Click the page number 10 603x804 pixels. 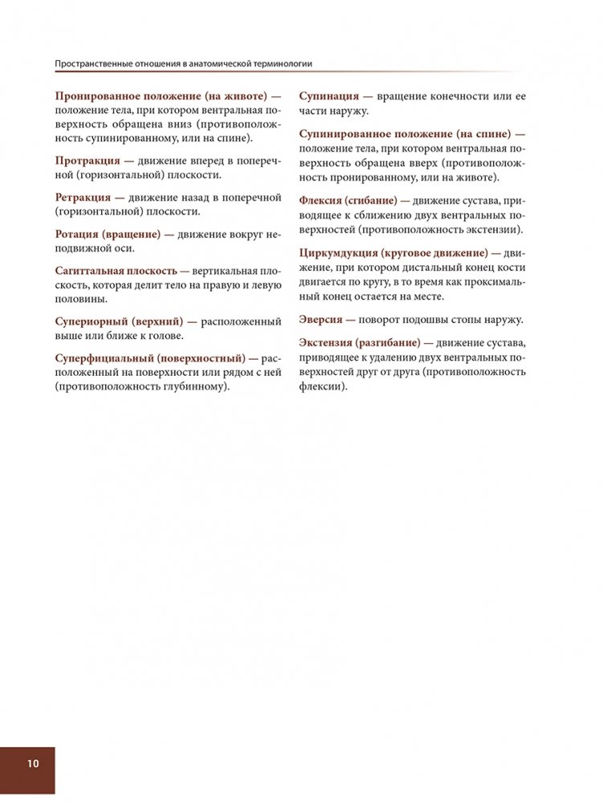(32, 763)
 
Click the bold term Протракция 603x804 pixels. (88, 161)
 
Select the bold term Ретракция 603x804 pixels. (83, 198)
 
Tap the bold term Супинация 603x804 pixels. (329, 96)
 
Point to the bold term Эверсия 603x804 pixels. (321, 319)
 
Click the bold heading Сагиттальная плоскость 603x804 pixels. (116, 271)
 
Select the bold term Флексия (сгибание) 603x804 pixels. (348, 201)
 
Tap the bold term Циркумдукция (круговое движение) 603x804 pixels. (393, 254)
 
